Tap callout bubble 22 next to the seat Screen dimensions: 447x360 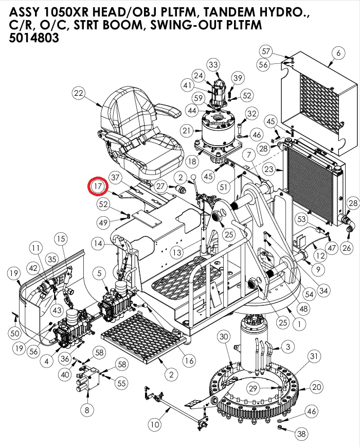tap(78, 93)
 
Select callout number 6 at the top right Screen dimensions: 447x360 tap(338, 53)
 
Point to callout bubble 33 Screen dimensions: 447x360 tap(213, 64)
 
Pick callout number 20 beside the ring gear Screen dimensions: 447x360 tap(316, 387)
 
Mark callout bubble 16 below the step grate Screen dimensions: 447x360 tap(189, 360)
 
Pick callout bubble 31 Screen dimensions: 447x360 tap(314, 355)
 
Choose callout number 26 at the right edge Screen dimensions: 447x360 tap(346, 249)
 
